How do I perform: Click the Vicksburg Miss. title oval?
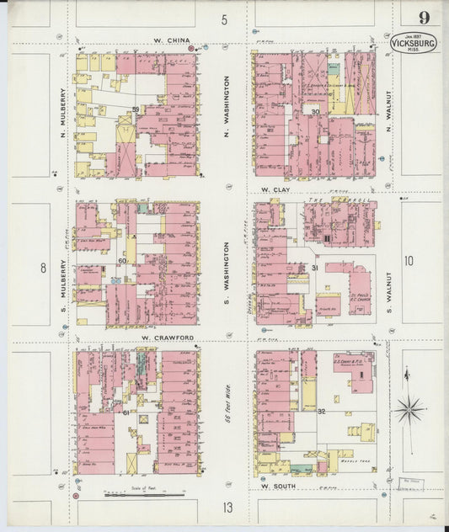[x=413, y=43]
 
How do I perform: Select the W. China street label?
[x=173, y=40]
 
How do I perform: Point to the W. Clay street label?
[x=275, y=190]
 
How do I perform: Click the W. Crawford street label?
[x=168, y=338]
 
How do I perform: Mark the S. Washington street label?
[x=226, y=272]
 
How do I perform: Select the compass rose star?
[x=410, y=410]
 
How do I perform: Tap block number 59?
[x=135, y=110]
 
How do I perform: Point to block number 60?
[x=122, y=261]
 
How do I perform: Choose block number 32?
[x=322, y=412]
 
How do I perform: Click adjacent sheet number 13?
[x=227, y=508]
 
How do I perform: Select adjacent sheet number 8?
[x=41, y=269]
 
